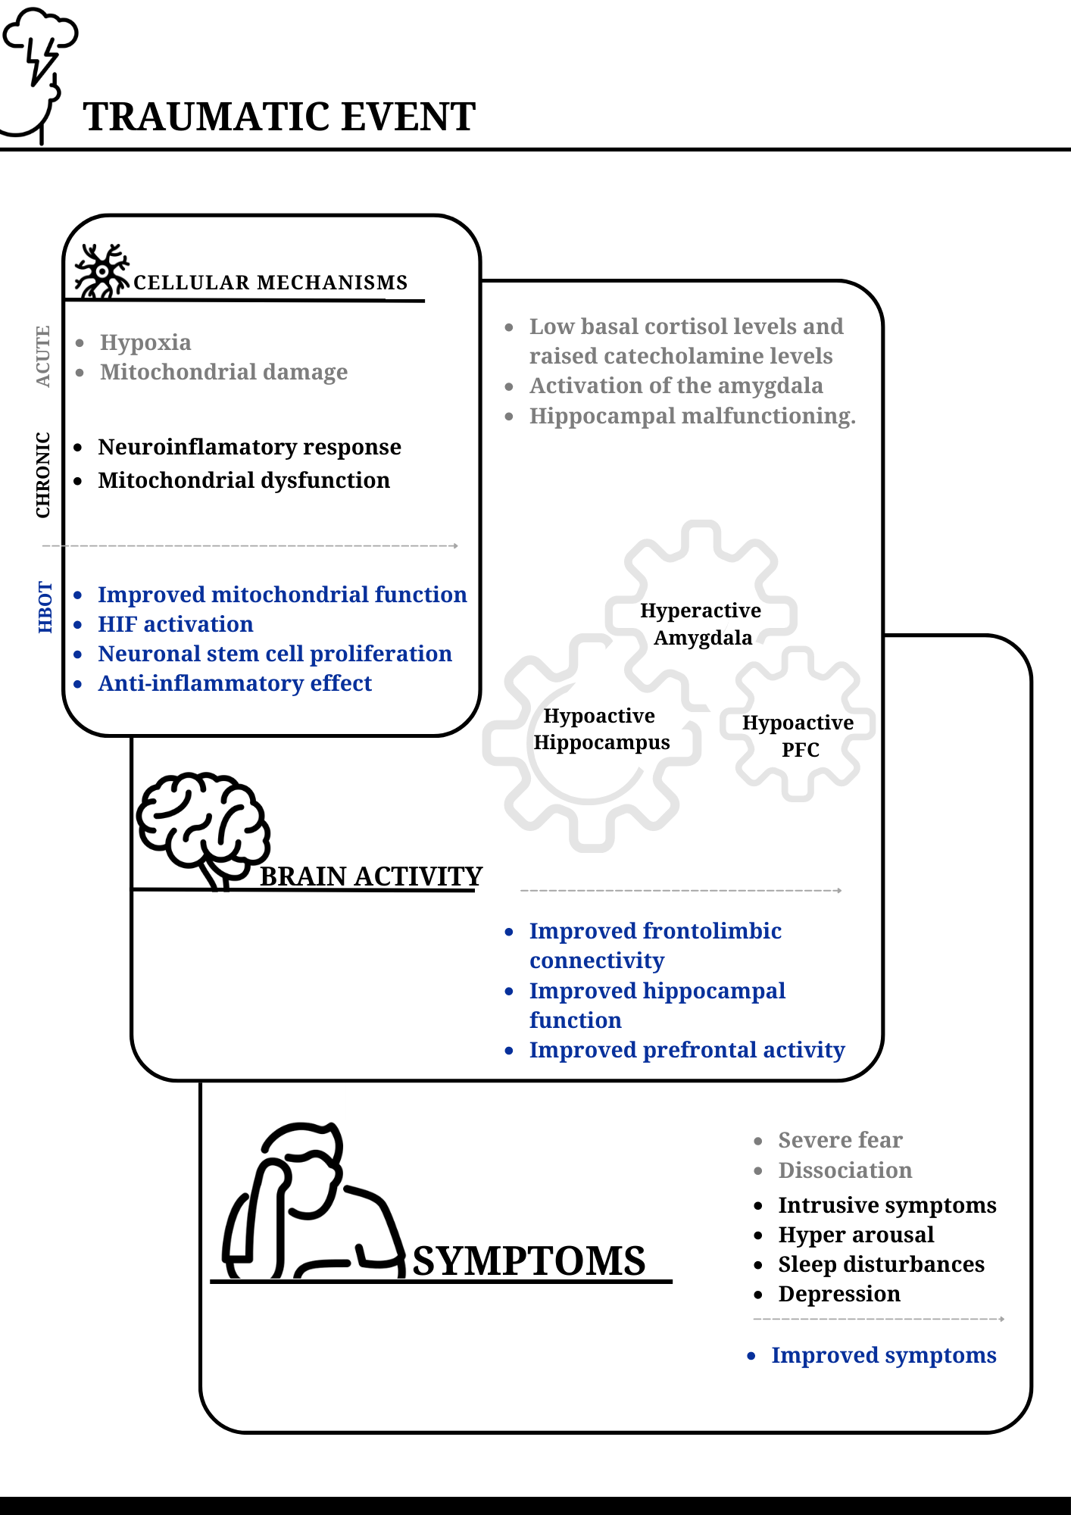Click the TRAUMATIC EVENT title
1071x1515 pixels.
[x=279, y=117]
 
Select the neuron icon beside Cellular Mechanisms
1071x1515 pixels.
[x=101, y=271]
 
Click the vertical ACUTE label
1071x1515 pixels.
[x=43, y=356]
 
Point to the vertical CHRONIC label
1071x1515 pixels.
[x=43, y=475]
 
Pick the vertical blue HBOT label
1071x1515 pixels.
[x=45, y=608]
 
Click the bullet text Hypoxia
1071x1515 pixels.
[x=145, y=342]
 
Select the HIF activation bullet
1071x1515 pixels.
[x=176, y=624]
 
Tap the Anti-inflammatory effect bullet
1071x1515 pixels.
[x=235, y=683]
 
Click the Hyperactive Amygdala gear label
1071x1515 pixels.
[x=701, y=624]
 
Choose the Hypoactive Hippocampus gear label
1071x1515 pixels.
[x=601, y=729]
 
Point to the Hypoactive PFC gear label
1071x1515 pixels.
[x=798, y=736]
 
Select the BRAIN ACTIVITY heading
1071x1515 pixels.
[x=371, y=876]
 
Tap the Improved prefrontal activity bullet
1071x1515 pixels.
[x=687, y=1050]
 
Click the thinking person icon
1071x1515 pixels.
[x=311, y=1201]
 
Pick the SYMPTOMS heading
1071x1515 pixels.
[x=529, y=1261]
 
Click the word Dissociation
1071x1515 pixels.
[x=845, y=1170]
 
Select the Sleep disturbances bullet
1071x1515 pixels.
[x=882, y=1264]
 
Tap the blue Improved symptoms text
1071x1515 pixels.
[x=884, y=1355]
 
